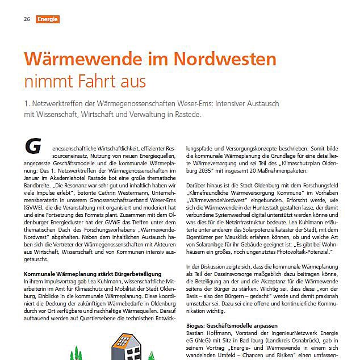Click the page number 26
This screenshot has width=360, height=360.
pos(27,19)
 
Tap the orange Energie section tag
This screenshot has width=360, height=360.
pos(48,19)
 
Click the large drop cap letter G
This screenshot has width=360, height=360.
pos(34,145)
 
